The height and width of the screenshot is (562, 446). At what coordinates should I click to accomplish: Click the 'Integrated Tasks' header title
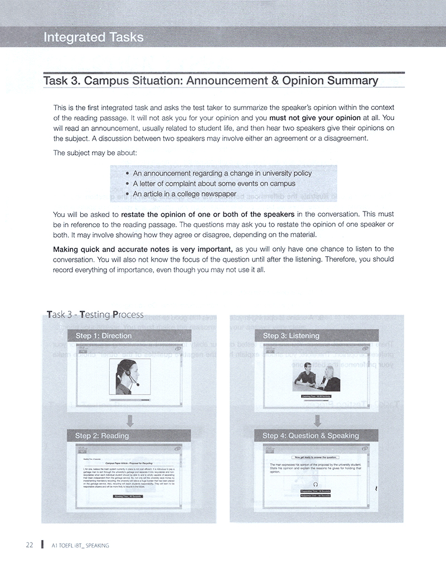93,37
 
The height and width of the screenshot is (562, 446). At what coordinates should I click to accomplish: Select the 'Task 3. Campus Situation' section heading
210,80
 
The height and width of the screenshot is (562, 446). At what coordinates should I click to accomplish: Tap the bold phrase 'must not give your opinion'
315,118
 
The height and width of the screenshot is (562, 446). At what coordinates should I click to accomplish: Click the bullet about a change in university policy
222,173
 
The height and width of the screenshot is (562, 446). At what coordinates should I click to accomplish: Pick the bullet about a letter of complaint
214,184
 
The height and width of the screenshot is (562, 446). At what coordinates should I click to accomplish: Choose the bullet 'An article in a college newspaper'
185,194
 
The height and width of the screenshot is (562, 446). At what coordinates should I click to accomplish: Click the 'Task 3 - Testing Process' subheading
95,315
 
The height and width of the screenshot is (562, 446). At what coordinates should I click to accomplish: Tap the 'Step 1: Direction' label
104,335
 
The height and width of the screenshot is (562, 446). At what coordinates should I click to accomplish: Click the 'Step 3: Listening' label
290,335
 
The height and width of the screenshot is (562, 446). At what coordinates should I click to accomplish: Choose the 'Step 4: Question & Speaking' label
311,435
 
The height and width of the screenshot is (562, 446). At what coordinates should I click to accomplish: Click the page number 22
30,545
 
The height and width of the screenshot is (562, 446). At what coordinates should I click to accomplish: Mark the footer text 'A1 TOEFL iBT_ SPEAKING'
80,545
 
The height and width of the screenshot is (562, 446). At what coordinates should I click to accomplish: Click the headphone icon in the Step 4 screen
316,484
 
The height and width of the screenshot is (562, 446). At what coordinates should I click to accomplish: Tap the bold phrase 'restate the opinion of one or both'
208,214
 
